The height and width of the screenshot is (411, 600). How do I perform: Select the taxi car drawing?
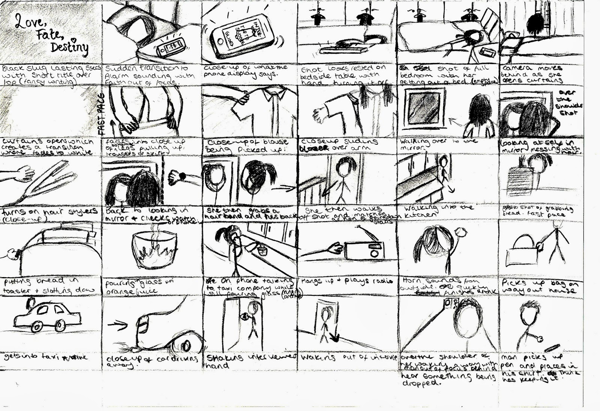pyautogui.click(x=48, y=316)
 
